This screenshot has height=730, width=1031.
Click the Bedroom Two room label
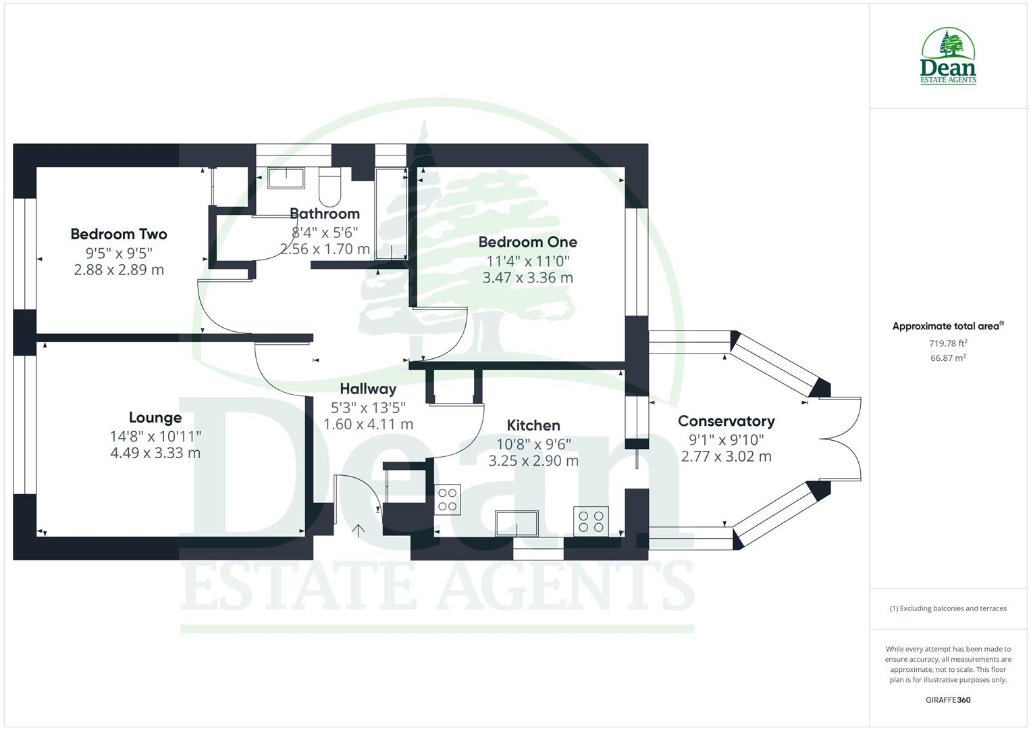[118, 235]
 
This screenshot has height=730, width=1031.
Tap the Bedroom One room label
[527, 242]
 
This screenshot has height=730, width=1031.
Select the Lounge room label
[155, 418]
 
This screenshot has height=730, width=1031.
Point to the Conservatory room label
[726, 421]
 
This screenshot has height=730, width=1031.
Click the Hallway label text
[368, 389]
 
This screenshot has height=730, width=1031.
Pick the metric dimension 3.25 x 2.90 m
[533, 461]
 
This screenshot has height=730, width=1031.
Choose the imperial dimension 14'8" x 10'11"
[155, 436]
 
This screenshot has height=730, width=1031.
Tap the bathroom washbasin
[286, 178]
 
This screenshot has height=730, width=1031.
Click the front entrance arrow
[358, 530]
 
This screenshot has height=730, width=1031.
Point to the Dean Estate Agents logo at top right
[948, 57]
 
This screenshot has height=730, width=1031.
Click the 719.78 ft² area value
[948, 343]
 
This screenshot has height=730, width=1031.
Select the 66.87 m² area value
[948, 358]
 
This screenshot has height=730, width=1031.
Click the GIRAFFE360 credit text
[947, 700]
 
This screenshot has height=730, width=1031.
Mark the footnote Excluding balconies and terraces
[948, 608]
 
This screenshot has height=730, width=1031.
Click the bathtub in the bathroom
[390, 213]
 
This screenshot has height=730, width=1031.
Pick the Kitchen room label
[533, 425]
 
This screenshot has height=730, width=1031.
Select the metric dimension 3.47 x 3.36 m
[527, 278]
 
